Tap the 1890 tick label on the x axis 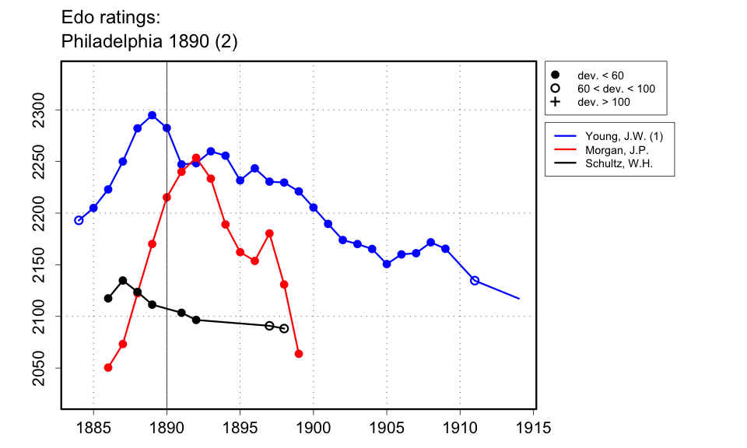tap(167, 427)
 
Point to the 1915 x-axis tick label tap(534, 427)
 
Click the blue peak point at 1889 tap(152, 115)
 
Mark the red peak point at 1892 tap(196, 158)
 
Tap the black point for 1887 tap(123, 280)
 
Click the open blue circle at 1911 tap(475, 280)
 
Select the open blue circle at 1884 tap(79, 220)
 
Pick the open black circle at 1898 tap(284, 328)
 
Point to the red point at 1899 tap(299, 354)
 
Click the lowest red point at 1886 tap(108, 367)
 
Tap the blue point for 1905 tap(387, 264)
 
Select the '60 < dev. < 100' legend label tap(615, 89)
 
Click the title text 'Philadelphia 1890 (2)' tap(149, 42)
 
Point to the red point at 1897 tap(269, 233)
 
